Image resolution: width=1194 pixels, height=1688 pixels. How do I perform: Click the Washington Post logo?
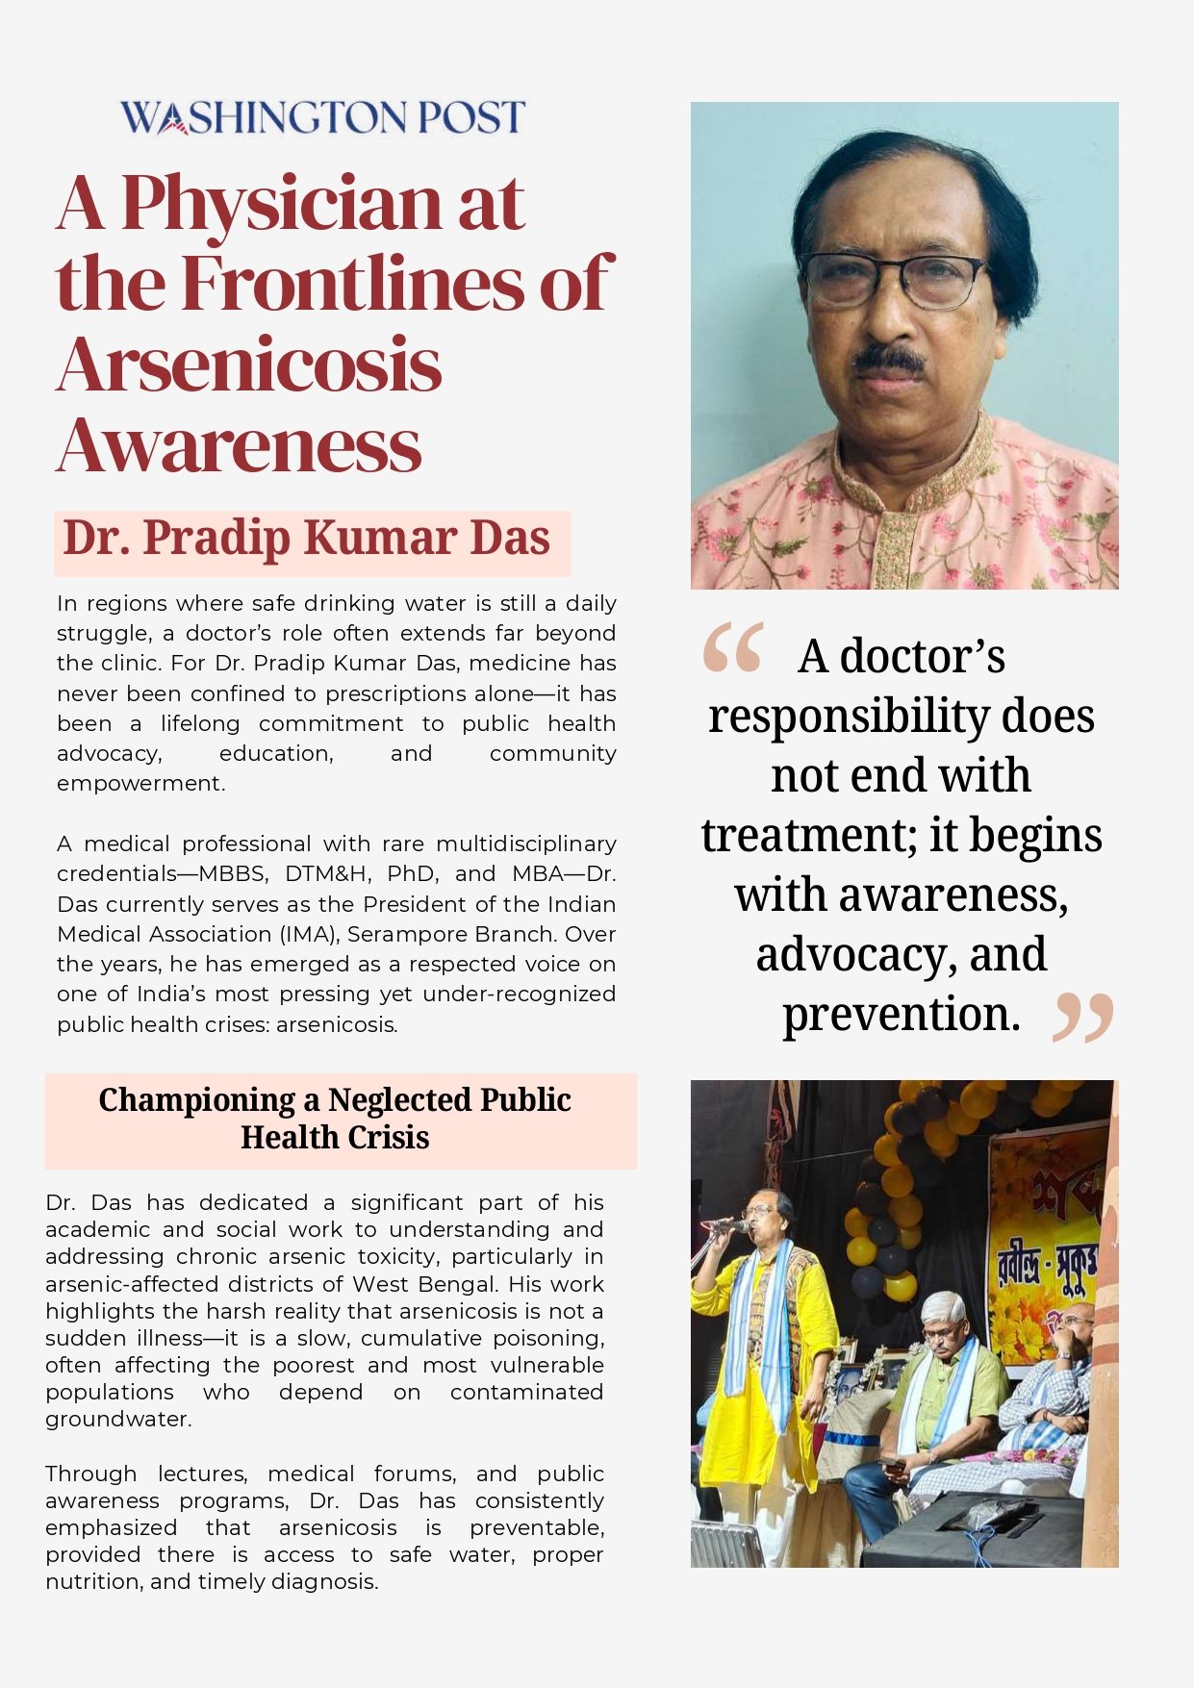pos(322,117)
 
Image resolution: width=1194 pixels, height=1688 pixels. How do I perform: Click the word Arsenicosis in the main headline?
pos(249,365)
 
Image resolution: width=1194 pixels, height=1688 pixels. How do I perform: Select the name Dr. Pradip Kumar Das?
pos(306,539)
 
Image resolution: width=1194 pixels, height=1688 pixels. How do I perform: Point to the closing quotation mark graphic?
pos(1082,1018)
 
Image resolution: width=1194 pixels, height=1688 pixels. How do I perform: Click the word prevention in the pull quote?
pos(900,1014)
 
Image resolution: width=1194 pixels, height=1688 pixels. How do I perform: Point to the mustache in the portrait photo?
pos(889,360)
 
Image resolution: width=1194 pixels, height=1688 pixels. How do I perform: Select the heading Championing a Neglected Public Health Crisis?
pos(335,1119)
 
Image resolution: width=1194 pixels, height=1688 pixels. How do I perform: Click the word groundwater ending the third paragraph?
pos(116,1420)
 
